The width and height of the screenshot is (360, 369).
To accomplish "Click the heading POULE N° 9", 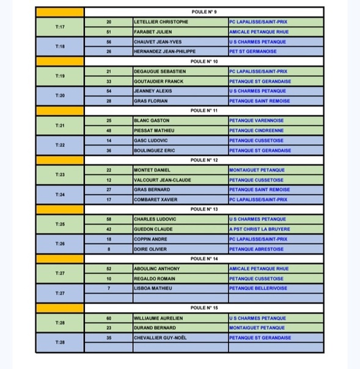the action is point(204,12).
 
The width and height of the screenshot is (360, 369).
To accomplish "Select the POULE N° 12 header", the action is point(204,160).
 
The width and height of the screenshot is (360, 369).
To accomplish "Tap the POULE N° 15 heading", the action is point(204,308).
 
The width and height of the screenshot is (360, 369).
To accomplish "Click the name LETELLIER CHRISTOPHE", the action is point(161,22).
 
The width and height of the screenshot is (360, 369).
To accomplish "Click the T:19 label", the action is point(60,76).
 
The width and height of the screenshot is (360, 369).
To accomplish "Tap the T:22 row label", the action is point(60,145).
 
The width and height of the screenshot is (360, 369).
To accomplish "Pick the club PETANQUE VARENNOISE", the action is point(256,121).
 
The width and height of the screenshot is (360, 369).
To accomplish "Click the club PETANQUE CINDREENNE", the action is point(257,130).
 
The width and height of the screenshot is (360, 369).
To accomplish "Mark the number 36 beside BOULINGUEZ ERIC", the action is point(109,151).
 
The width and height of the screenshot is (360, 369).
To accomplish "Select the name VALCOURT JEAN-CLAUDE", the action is point(162,180).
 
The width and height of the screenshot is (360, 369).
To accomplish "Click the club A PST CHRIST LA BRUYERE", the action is point(259,229).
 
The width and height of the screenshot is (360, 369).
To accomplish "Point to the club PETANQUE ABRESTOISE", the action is point(256,249).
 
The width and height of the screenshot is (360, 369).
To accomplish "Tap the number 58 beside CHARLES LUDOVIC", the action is point(109,219).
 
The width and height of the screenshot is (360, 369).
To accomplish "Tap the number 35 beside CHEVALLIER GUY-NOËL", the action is point(109,338).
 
